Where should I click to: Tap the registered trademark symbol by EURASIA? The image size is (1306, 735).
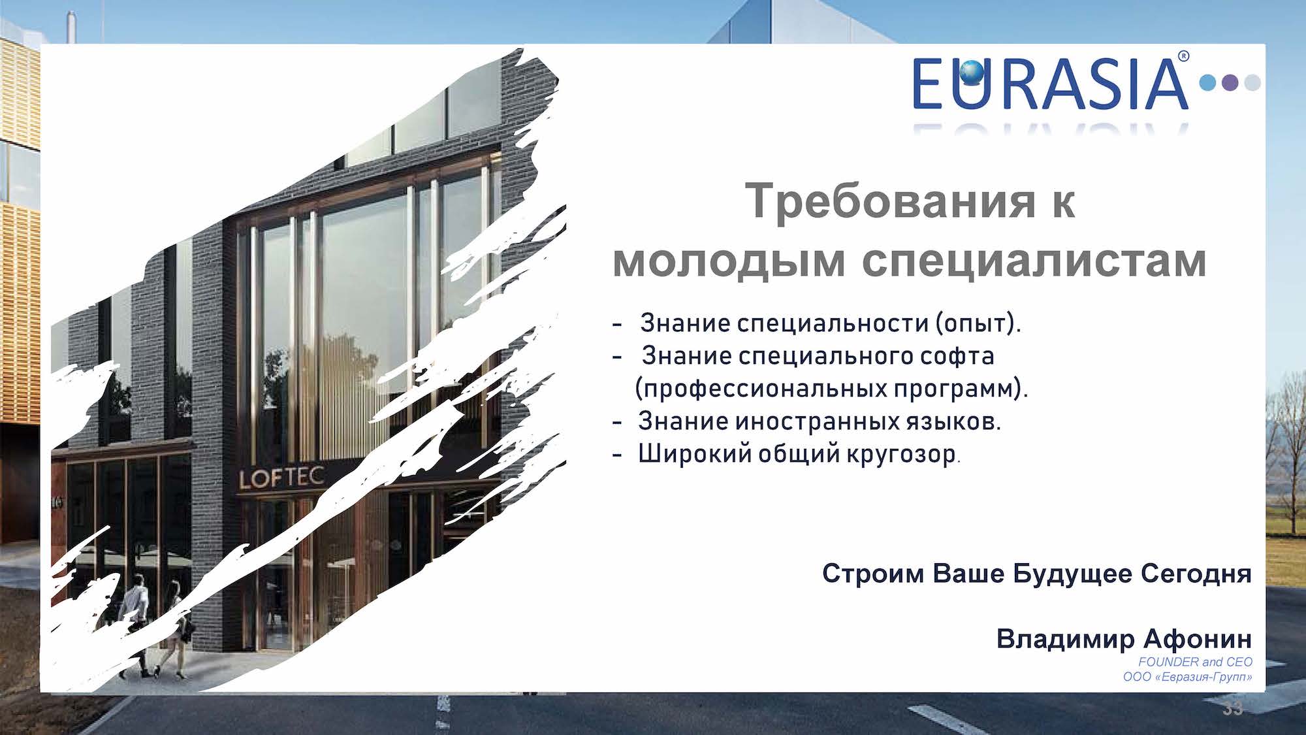(x=1183, y=57)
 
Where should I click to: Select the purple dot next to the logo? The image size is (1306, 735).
(x=1230, y=83)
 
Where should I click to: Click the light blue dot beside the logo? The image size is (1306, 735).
(x=1208, y=83)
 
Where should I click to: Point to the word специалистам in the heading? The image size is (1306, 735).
(x=1034, y=261)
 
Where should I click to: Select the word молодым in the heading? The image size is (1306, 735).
(x=729, y=261)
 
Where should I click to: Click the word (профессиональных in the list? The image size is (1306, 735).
(x=761, y=389)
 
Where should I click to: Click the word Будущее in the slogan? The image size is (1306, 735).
(x=1072, y=574)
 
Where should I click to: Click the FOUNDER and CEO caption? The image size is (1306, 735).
(x=1195, y=662)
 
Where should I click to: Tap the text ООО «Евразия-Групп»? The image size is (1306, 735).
(x=1188, y=678)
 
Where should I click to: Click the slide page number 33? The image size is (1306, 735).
(x=1233, y=709)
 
